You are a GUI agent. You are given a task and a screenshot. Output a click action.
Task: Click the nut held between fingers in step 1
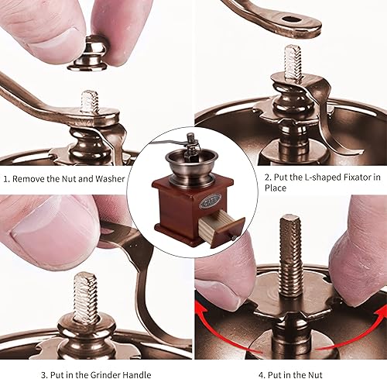pyautogui.click(x=87, y=54)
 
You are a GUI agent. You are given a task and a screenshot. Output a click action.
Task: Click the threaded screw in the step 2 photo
pyautogui.click(x=293, y=62)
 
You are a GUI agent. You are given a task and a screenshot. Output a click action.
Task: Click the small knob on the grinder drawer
pyautogui.click(x=234, y=238)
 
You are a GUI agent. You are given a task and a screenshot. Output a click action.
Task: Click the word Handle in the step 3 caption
pyautogui.click(x=137, y=374)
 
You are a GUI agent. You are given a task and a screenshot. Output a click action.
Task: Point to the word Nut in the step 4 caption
pyautogui.click(x=315, y=375)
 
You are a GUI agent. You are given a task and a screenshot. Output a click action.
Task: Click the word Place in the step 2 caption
pyautogui.click(x=276, y=188)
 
